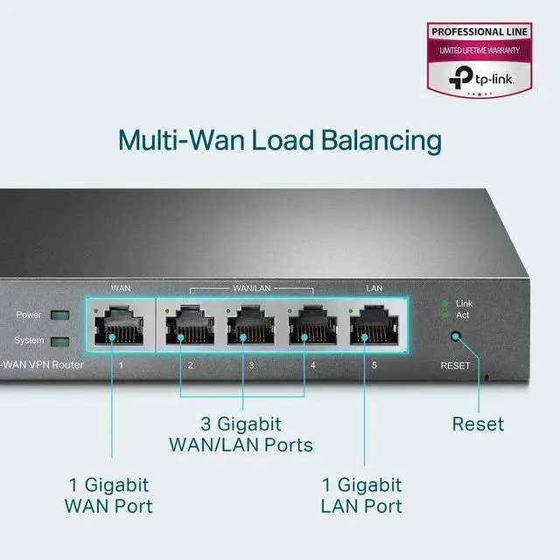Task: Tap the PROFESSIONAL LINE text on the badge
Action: [x=479, y=32]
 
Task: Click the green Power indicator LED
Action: [x=60, y=315]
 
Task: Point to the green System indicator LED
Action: [x=60, y=341]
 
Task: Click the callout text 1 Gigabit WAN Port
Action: [x=108, y=495]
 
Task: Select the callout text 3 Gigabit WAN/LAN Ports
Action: [x=240, y=435]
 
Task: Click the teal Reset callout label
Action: [x=478, y=424]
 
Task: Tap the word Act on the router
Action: [x=464, y=314]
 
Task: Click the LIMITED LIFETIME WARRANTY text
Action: [x=479, y=50]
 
